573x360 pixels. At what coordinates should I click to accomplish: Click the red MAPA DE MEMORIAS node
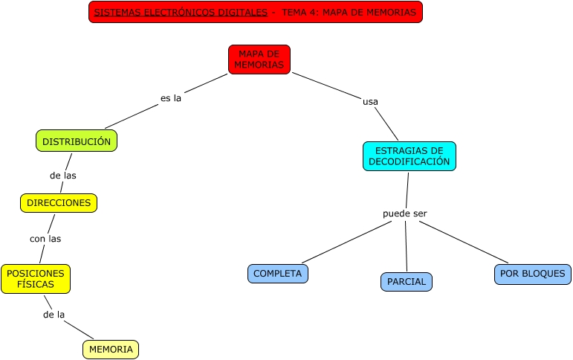click(x=259, y=60)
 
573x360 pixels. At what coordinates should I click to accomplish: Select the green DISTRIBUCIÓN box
click(x=77, y=141)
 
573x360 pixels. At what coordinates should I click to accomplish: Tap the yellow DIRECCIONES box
click(x=59, y=202)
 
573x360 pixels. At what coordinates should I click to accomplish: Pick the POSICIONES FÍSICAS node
click(x=36, y=278)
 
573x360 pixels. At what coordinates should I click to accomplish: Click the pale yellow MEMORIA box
click(x=111, y=349)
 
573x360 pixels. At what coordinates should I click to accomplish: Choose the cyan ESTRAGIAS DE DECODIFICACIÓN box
click(x=409, y=155)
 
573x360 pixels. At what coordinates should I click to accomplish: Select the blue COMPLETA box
click(x=277, y=274)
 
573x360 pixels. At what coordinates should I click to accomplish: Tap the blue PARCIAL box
click(x=406, y=282)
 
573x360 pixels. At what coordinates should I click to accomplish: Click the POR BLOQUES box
click(x=532, y=274)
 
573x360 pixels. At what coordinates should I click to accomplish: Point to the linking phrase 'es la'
click(x=171, y=97)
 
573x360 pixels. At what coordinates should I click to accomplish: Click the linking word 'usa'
click(x=370, y=101)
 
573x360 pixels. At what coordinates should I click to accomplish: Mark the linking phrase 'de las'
click(x=63, y=176)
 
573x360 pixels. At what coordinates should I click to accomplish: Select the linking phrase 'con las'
click(x=45, y=239)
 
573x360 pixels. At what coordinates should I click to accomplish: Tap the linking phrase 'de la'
click(x=54, y=314)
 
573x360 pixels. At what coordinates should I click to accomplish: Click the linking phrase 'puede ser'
click(x=405, y=213)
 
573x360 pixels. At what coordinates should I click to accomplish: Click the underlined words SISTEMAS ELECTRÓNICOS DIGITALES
click(x=181, y=13)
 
